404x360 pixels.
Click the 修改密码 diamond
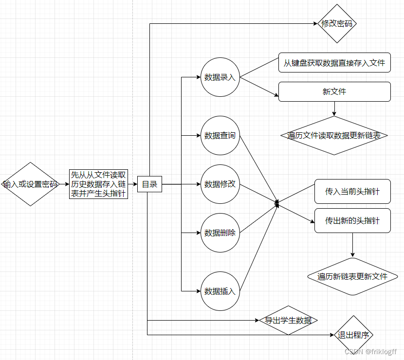tap(337, 23)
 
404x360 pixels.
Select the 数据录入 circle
tap(220, 77)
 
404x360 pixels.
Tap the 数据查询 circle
tap(220, 135)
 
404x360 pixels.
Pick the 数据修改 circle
tap(220, 184)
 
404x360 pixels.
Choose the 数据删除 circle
tap(220, 233)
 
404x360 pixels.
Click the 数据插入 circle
tap(220, 291)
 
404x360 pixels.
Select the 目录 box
tap(149, 184)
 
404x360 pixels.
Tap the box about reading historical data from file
tap(99, 184)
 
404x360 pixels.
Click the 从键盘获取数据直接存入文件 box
tap(334, 63)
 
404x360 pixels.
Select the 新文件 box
tap(334, 91)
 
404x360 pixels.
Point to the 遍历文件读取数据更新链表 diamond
tap(334, 135)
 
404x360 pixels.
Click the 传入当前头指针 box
tap(352, 191)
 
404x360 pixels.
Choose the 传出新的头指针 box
tap(352, 220)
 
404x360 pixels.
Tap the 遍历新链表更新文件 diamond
tap(352, 276)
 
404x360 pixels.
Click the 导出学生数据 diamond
tap(288, 320)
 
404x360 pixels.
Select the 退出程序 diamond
tap(354, 335)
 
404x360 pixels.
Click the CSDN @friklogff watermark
tap(370, 351)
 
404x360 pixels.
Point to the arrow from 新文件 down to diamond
tap(334, 109)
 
